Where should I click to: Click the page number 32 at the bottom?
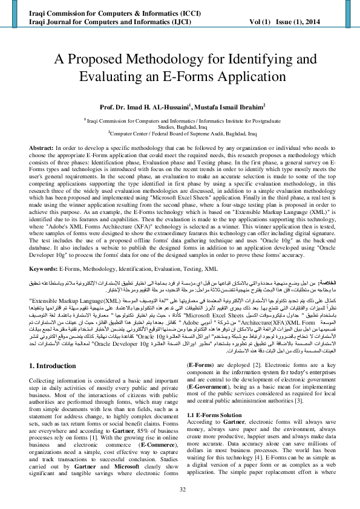[180, 490]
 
